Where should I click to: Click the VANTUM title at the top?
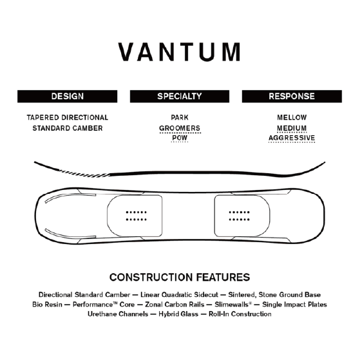(x=180, y=52)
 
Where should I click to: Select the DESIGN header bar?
(x=67, y=96)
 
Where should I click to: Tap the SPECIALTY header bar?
(x=180, y=96)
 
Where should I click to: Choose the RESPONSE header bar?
(x=292, y=96)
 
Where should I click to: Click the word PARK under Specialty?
(x=180, y=118)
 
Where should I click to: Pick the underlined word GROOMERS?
(x=180, y=128)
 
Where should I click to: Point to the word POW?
(x=180, y=138)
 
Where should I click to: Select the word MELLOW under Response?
(x=292, y=118)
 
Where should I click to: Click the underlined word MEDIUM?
(x=292, y=128)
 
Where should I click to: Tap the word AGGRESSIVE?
(x=292, y=138)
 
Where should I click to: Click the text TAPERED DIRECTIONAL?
(x=67, y=118)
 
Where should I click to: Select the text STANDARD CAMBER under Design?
(x=67, y=128)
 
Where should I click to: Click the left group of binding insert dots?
(x=136, y=216)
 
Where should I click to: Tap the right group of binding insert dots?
(x=239, y=216)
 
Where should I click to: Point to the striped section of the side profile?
(x=84, y=174)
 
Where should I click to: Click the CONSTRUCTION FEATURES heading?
(x=180, y=277)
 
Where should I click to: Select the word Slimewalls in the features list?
(x=232, y=305)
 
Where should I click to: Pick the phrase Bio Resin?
(x=47, y=305)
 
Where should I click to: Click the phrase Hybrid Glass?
(x=178, y=314)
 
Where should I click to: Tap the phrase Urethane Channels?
(x=118, y=314)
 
